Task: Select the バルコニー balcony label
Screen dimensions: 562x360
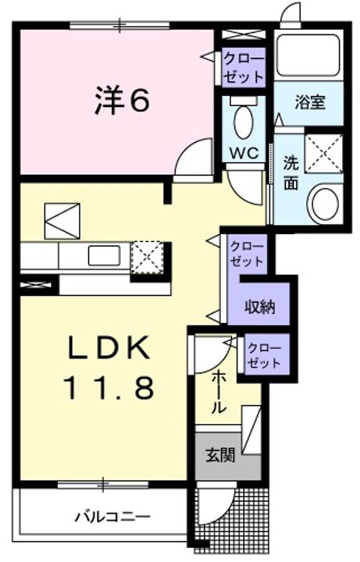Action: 112,516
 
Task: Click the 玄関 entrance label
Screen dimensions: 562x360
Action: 221,455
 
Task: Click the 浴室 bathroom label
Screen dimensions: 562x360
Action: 309,102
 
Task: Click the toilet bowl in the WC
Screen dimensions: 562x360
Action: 244,121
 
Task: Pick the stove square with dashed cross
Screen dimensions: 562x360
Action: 145,255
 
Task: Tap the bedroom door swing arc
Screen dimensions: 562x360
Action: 191,160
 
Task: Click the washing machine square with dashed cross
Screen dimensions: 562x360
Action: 323,152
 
